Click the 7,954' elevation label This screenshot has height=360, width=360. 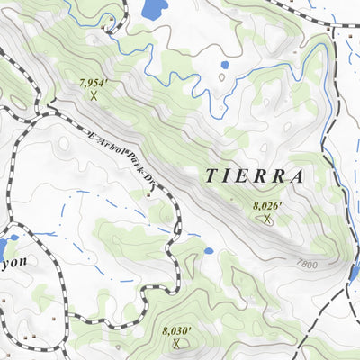tap(94, 83)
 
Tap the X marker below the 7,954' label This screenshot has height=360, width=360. tap(94, 94)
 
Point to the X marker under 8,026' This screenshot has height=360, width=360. tap(266, 218)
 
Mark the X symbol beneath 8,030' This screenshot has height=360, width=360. tap(177, 343)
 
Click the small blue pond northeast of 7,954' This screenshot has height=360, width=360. tap(224, 65)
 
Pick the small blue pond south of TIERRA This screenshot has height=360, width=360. tap(208, 251)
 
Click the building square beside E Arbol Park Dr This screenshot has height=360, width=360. tap(149, 193)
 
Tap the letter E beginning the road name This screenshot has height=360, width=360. tap(92, 137)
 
